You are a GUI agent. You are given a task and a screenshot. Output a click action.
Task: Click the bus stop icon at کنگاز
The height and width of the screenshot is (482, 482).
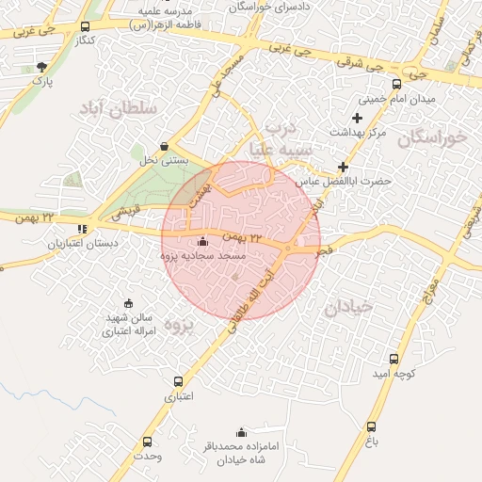pyautogui.click(x=87, y=27)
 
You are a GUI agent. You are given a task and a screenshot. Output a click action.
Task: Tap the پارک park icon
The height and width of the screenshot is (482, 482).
pyautogui.click(x=40, y=67)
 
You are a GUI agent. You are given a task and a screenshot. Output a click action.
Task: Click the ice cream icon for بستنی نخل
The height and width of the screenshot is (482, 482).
pyautogui.click(x=166, y=146)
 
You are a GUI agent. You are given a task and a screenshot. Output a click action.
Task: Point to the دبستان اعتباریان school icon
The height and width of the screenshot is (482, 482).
pyautogui.click(x=83, y=228)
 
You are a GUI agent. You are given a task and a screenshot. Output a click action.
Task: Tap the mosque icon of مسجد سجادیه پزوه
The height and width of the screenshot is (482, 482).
pyautogui.click(x=204, y=241)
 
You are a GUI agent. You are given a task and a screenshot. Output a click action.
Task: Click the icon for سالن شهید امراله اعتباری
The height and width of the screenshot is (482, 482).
pyautogui.click(x=114, y=303)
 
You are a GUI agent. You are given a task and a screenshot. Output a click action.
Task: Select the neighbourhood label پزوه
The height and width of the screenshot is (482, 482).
pyautogui.click(x=178, y=323)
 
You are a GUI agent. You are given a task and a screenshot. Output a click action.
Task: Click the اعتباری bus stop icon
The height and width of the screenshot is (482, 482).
pyautogui.click(x=179, y=381)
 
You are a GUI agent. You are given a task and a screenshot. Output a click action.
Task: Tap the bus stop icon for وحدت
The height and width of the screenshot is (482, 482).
pyautogui.click(x=147, y=442)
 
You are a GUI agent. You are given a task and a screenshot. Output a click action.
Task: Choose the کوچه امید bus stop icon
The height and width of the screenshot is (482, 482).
pyautogui.click(x=394, y=359)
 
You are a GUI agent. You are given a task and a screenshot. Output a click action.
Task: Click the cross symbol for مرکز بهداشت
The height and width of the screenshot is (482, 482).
pyautogui.click(x=356, y=118)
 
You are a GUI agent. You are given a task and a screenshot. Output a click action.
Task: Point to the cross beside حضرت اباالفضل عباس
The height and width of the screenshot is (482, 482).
pyautogui.click(x=343, y=167)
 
